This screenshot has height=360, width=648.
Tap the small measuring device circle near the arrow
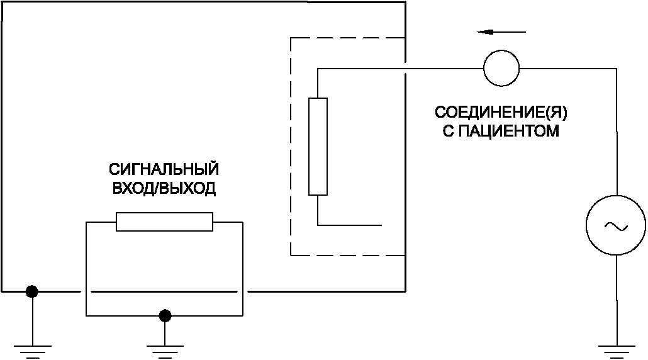click(501, 67)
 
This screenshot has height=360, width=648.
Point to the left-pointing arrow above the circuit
click(501, 31)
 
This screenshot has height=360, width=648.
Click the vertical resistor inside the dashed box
click(318, 146)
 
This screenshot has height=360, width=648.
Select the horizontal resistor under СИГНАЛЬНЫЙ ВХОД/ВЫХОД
click(164, 222)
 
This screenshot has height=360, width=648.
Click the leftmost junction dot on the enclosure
click(31, 291)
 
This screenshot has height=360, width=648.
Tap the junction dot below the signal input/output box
click(165, 315)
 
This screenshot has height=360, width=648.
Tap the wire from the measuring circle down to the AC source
click(615, 132)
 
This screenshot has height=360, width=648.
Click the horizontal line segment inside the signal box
click(164, 292)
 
